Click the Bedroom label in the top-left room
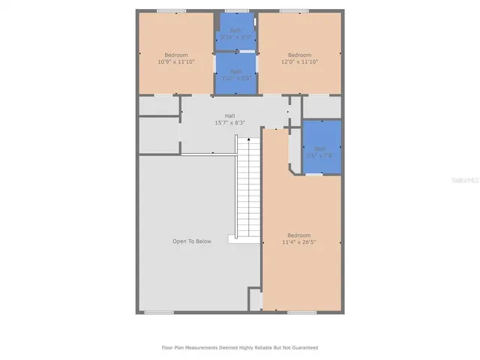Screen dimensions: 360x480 pyautogui.click(x=175, y=55)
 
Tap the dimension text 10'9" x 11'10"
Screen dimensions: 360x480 pyautogui.click(x=175, y=62)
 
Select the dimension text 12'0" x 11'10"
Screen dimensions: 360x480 pyautogui.click(x=299, y=62)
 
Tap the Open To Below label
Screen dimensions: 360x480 pyautogui.click(x=192, y=241)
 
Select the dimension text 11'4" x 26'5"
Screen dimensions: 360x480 pyautogui.click(x=299, y=242)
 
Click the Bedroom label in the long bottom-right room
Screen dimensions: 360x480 pyautogui.click(x=299, y=235)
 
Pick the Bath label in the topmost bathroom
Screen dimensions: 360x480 pyautogui.click(x=236, y=30)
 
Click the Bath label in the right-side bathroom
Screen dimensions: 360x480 pyautogui.click(x=321, y=148)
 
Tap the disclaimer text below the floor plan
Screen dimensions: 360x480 pyautogui.click(x=240, y=347)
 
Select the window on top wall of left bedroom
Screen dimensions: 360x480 pyautogui.click(x=171, y=10)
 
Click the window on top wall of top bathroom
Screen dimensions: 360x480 pyautogui.click(x=237, y=10)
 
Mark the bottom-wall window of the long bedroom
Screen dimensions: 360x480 pyautogui.click(x=301, y=312)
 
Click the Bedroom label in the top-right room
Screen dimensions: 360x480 pyautogui.click(x=299, y=55)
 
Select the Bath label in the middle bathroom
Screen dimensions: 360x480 pyautogui.click(x=236, y=72)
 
